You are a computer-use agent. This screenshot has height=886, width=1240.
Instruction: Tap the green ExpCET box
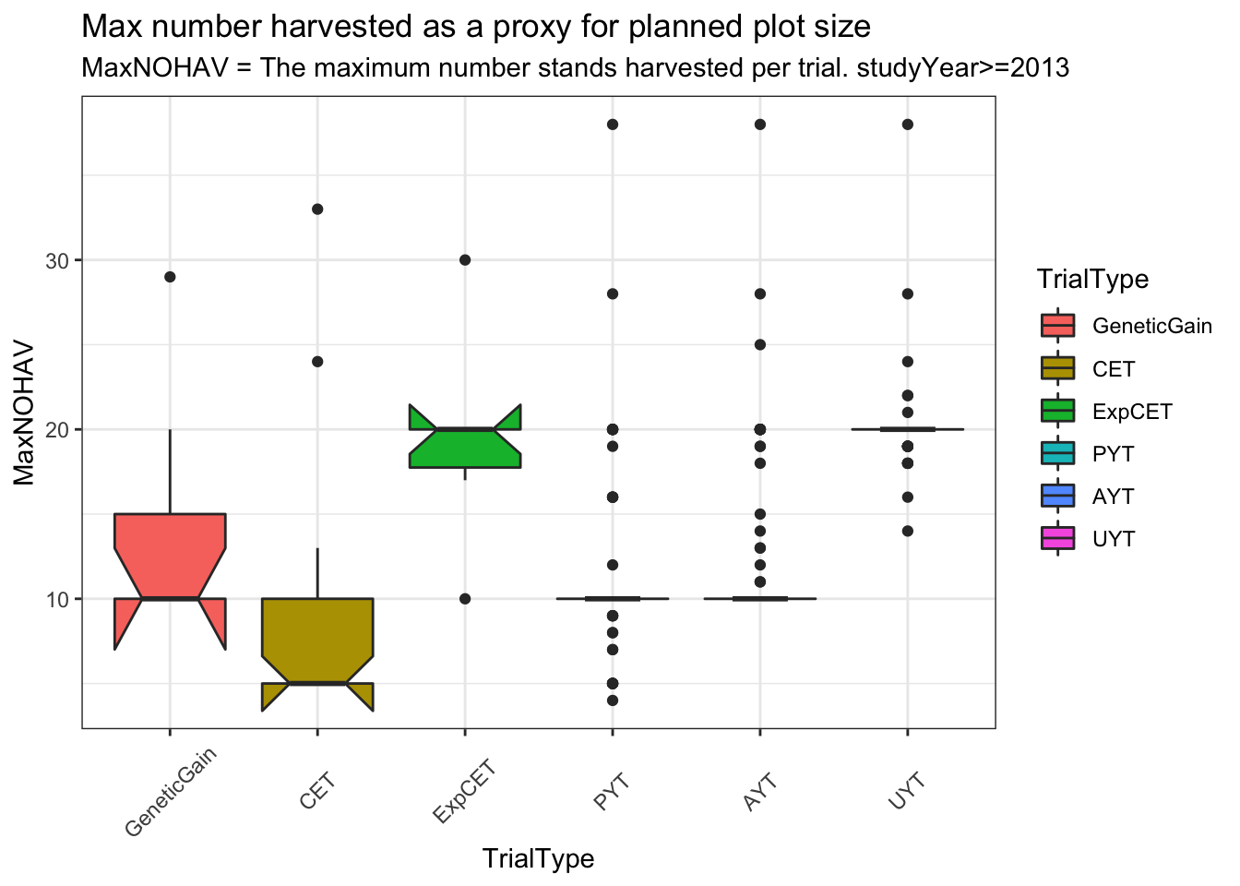(x=465, y=448)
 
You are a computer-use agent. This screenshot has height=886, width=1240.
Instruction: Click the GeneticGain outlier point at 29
(x=170, y=277)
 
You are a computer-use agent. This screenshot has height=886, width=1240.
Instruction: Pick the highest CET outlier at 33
(x=317, y=210)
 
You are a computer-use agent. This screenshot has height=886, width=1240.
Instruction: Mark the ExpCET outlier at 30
(x=465, y=260)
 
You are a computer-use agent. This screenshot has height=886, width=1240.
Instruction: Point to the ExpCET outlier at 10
(x=465, y=599)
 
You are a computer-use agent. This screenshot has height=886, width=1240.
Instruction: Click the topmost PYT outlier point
(x=613, y=125)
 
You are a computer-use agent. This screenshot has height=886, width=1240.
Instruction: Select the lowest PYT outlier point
(x=613, y=700)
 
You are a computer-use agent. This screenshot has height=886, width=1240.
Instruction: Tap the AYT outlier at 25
(x=760, y=345)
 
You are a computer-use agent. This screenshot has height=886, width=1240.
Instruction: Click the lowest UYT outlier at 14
(x=907, y=531)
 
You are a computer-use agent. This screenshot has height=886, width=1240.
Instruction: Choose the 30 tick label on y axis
(x=58, y=261)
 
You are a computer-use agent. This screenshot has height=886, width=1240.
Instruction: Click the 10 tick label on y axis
(x=58, y=600)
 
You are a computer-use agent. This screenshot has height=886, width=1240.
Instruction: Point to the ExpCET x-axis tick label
(x=464, y=792)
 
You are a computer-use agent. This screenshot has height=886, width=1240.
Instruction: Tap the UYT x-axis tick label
(x=907, y=792)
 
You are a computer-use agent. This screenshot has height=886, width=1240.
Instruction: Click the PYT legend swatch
(x=1057, y=453)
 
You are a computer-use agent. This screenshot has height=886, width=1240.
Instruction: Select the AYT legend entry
(x=1113, y=497)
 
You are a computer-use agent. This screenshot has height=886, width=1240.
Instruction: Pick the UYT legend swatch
(x=1057, y=539)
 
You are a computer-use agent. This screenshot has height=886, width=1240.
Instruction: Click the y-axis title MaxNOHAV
(x=25, y=413)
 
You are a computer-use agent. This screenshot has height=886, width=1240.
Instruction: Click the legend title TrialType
(x=1092, y=279)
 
